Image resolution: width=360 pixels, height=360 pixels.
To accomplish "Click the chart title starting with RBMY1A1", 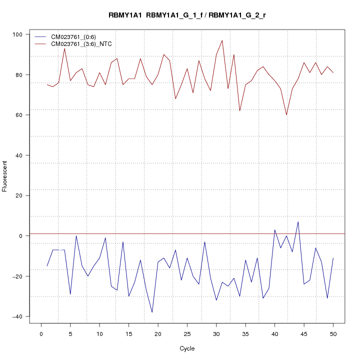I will click(x=187, y=15).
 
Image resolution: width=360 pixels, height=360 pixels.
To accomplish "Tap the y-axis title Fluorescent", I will click(x=5, y=176).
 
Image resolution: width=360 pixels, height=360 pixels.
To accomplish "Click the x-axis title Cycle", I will click(x=187, y=348).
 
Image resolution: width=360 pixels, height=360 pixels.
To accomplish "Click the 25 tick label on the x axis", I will click(x=187, y=334).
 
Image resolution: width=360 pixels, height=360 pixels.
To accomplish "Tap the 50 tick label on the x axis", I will click(x=333, y=334).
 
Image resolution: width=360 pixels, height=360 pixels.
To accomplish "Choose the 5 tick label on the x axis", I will click(x=70, y=334).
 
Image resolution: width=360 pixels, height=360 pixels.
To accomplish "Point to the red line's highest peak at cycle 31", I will click(x=222, y=40).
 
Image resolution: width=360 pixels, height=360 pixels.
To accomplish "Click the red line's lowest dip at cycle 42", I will click(x=286, y=115).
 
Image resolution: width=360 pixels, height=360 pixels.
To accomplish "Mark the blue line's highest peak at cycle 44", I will click(x=298, y=222).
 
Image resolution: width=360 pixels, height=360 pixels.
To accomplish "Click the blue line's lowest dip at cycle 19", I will click(x=152, y=312).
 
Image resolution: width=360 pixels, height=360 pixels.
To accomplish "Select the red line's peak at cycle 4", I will click(x=64, y=48).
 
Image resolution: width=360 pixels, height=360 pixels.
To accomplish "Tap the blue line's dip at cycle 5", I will click(x=70, y=294).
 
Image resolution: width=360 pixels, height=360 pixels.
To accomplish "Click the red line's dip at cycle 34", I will click(x=239, y=110).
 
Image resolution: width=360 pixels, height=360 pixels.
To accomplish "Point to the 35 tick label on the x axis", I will click(x=245, y=334).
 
